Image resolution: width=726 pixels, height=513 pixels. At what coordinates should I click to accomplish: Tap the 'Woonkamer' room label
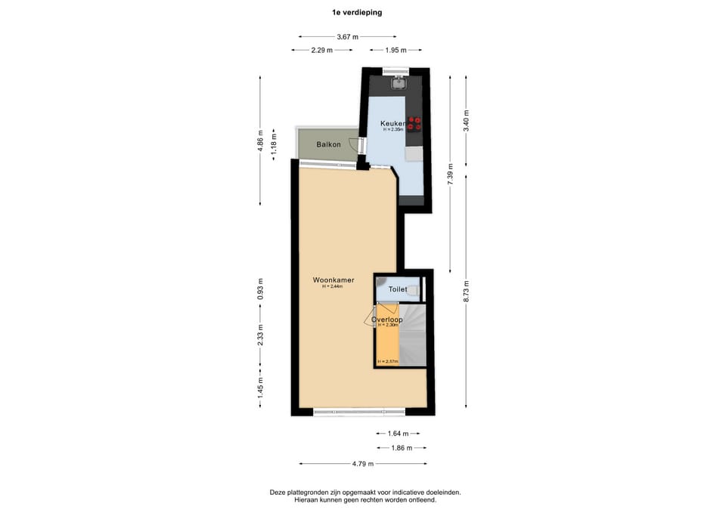click(334, 280)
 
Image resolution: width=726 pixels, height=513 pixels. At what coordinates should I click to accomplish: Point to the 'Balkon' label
click(328, 144)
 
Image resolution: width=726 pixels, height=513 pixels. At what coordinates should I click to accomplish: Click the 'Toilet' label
click(397, 289)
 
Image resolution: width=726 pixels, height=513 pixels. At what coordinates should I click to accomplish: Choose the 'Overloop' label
click(386, 320)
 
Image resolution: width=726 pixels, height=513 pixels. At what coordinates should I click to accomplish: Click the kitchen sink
click(399, 84)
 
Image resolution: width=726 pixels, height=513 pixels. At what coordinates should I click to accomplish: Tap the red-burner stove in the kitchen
click(414, 125)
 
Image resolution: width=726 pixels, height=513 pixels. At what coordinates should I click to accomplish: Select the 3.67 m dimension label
click(347, 36)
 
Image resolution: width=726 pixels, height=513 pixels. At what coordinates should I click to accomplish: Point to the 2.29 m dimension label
click(323, 51)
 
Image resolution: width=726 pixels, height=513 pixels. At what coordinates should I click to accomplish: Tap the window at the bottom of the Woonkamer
click(359, 412)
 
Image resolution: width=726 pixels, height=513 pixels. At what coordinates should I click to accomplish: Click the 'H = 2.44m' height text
click(333, 287)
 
